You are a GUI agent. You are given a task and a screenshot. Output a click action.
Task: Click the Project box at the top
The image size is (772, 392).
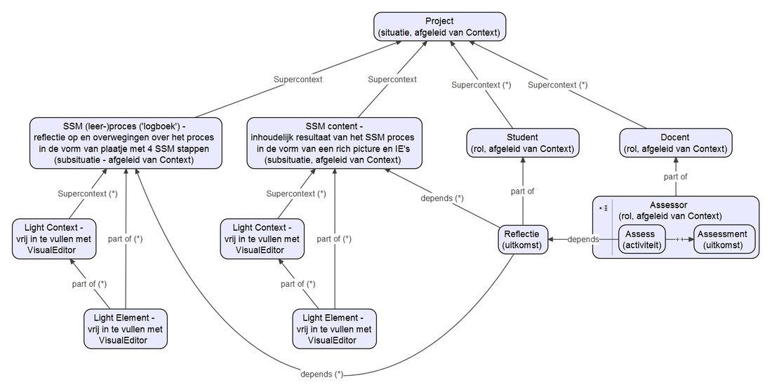440,26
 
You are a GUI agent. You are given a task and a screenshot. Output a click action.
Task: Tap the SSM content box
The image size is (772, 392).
335,142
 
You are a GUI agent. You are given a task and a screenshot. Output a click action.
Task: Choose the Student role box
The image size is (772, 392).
522,142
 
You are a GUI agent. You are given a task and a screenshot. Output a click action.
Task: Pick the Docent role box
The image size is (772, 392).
676,142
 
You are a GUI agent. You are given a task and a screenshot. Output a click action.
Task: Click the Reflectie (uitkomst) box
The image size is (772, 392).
522,239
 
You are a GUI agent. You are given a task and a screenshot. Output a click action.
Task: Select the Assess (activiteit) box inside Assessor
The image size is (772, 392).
641,239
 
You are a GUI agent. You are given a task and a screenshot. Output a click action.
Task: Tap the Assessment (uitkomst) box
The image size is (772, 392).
724,239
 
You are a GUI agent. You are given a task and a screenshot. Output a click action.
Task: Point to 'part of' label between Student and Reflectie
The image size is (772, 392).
522,191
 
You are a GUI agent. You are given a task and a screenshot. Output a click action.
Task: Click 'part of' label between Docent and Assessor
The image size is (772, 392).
676,177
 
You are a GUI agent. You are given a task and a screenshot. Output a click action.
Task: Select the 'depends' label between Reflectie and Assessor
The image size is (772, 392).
583,239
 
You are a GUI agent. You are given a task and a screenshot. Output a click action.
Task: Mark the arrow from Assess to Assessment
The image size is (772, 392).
679,239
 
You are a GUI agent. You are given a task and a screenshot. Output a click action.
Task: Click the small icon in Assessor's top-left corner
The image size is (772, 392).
603,208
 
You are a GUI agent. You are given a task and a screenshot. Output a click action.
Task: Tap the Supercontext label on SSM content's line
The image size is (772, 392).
392,79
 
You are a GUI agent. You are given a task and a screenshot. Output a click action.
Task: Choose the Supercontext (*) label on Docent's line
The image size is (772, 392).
557,85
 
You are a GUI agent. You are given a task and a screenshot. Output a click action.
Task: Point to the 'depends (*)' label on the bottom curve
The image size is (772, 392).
321,373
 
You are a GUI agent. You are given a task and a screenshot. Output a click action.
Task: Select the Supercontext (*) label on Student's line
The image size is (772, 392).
481,85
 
